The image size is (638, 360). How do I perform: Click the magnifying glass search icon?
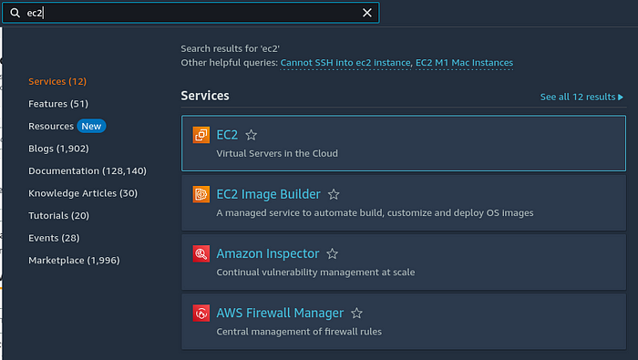point(15,13)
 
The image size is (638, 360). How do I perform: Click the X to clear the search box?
point(367,13)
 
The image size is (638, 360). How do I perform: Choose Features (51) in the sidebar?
point(58,104)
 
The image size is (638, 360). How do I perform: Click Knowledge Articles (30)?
point(83,193)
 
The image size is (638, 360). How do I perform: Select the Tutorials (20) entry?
point(58,215)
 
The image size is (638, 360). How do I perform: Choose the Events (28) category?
point(54,238)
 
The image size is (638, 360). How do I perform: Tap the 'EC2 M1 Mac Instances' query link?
point(464,63)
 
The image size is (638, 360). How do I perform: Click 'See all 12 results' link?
point(581,97)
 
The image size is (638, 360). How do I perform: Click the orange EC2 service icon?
point(201,135)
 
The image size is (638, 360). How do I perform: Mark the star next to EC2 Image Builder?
point(334,194)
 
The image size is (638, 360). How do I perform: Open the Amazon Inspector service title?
point(267,253)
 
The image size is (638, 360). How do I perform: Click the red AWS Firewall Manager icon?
point(201,314)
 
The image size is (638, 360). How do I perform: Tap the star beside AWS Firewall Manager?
point(357,314)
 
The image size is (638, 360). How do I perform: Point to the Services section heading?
point(205,96)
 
